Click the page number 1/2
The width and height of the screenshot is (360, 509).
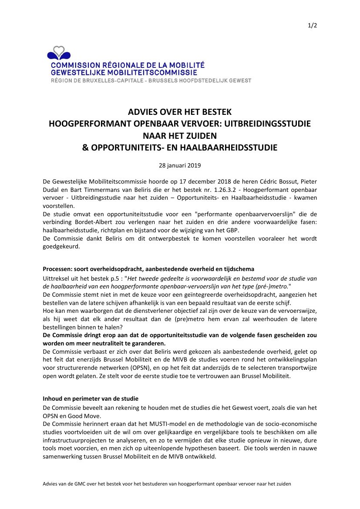tap(312, 25)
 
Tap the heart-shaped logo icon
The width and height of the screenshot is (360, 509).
tap(59, 53)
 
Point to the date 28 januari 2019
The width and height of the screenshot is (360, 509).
tap(179, 165)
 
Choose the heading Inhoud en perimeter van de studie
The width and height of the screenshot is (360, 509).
tap(91, 399)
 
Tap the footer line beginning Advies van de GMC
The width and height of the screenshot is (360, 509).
tap(167, 484)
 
